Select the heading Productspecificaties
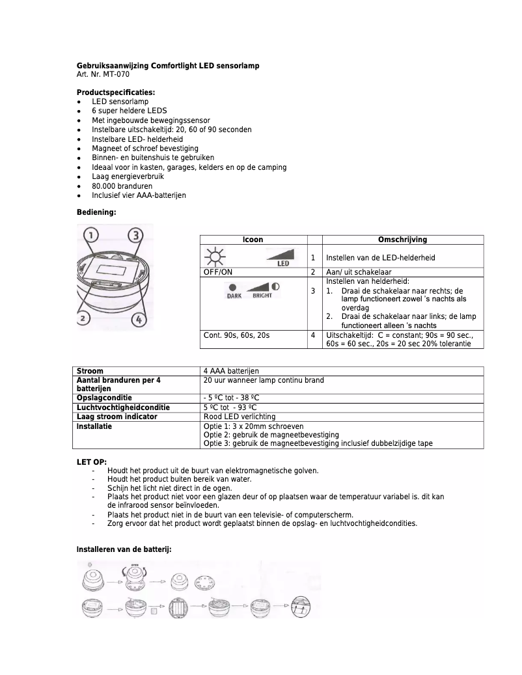coord(116,92)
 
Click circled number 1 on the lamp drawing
coord(92,235)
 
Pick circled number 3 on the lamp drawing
coord(135,235)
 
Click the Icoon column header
coord(253,240)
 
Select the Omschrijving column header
coord(402,240)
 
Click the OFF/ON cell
coord(220,272)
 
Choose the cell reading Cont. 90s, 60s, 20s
coord(236,335)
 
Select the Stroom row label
coord(90,371)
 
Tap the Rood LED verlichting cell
coord(240,417)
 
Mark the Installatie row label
coord(94,426)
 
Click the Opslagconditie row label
coord(104,398)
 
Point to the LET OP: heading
coord(92,462)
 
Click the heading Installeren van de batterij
coord(124,550)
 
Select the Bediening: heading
coord(96,212)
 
